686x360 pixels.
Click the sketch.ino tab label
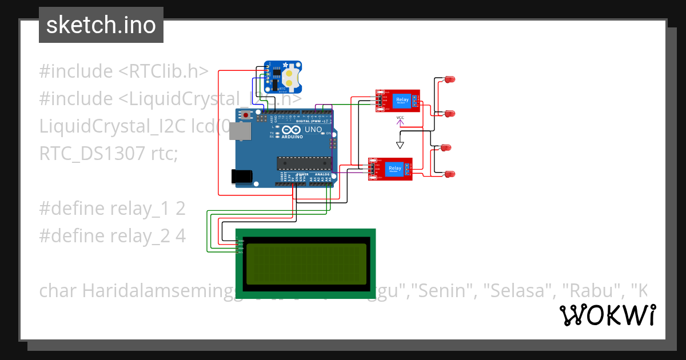click(x=101, y=25)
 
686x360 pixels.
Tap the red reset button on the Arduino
click(x=246, y=115)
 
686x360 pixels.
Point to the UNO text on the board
click(x=313, y=130)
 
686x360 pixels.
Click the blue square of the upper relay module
click(x=402, y=101)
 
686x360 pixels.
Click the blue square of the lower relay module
click(x=394, y=168)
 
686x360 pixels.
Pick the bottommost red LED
click(x=449, y=174)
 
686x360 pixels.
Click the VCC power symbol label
click(x=400, y=118)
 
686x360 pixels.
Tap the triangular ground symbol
click(x=400, y=145)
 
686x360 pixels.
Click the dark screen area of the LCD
click(x=306, y=263)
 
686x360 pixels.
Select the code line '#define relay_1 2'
click(x=112, y=209)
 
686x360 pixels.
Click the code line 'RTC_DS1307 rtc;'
click(x=109, y=154)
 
